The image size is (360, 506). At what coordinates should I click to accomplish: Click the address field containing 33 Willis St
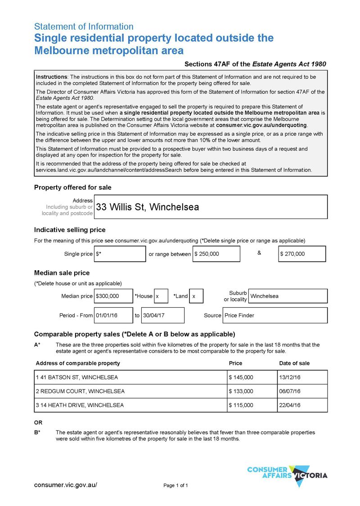coord(210,207)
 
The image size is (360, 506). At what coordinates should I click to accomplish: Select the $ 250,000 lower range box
coord(216,254)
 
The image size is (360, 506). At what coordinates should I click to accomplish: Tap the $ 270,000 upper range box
coord(302,254)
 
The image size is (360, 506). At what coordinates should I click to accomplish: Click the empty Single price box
coord(120,254)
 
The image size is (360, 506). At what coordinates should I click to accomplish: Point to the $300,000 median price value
coord(113,296)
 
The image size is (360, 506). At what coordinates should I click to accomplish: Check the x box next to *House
coord(161,296)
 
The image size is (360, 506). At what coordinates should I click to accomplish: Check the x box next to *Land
coord(196,296)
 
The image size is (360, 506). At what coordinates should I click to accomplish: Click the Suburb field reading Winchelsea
coord(288,296)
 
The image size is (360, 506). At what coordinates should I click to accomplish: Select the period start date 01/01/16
coord(113,315)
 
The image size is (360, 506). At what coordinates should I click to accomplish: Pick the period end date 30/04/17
coord(162,315)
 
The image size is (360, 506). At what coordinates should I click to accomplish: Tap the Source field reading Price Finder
coord(275,315)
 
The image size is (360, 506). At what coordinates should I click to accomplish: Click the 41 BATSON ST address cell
coord(130,377)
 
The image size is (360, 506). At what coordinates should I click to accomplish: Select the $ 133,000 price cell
coord(252,391)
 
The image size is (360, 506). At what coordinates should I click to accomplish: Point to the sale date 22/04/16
coord(302,405)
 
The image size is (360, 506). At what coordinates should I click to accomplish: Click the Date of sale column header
coord(294,363)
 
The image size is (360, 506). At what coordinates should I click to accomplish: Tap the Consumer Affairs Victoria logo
coord(287,475)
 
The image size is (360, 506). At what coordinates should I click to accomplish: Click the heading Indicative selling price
coord(70,230)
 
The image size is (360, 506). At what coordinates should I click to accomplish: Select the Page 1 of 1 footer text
coord(175,485)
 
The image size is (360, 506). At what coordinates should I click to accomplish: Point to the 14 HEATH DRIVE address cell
coord(130,405)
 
